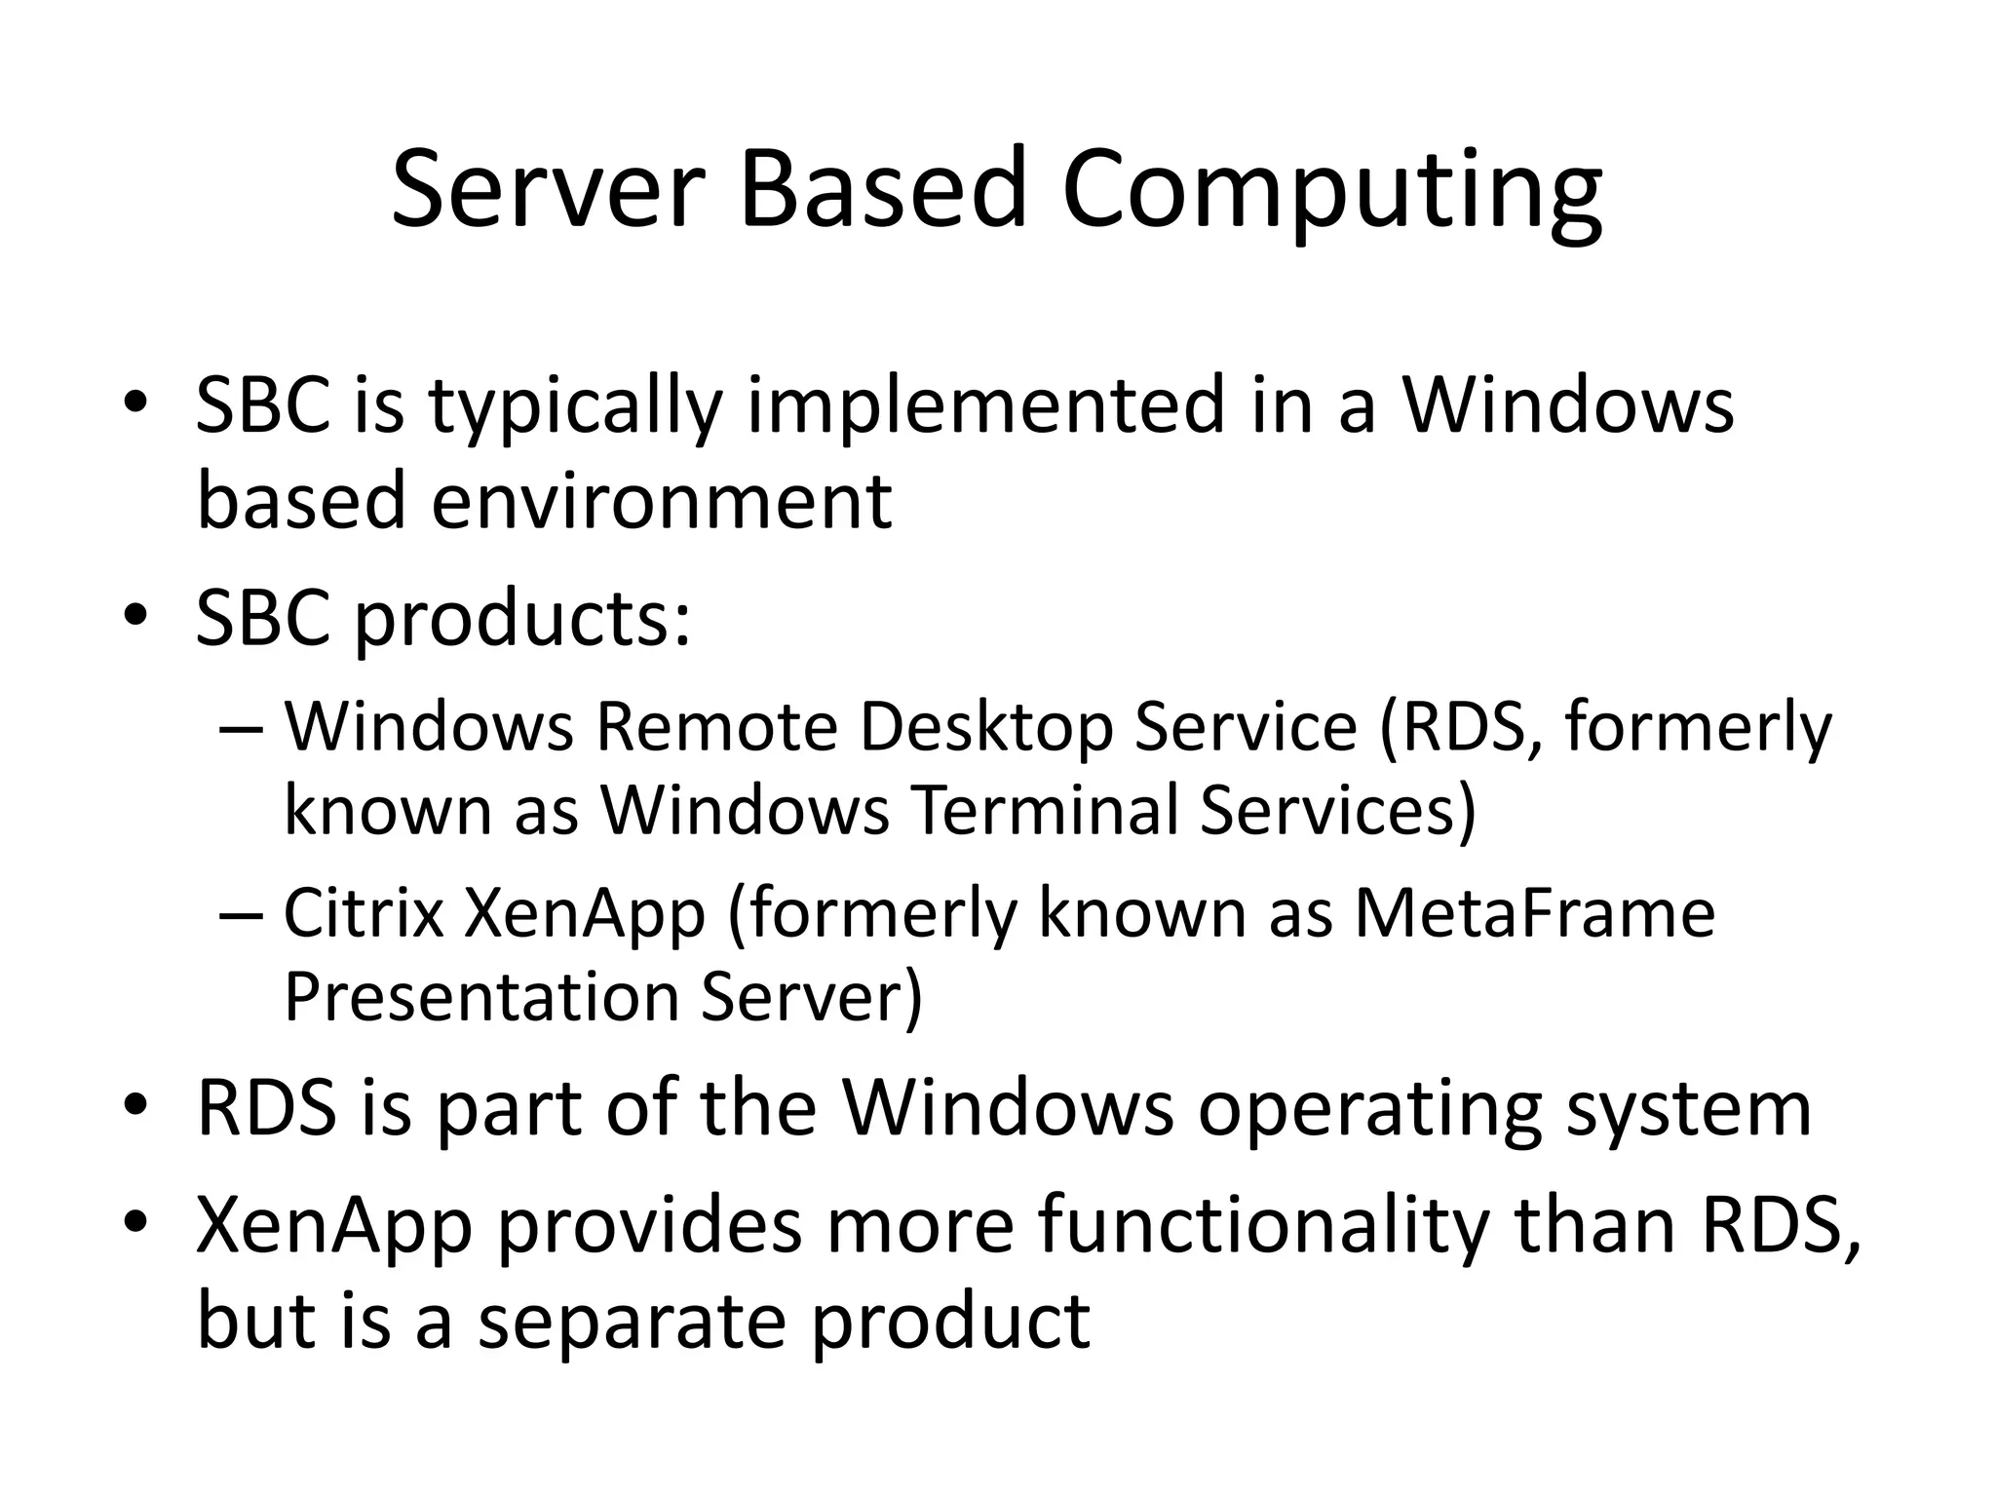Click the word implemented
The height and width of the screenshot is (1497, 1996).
[984, 407]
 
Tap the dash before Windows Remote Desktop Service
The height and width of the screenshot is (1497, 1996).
[241, 729]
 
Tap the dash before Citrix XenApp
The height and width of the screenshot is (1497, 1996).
[241, 915]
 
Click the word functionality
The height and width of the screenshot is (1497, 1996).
[1263, 1226]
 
